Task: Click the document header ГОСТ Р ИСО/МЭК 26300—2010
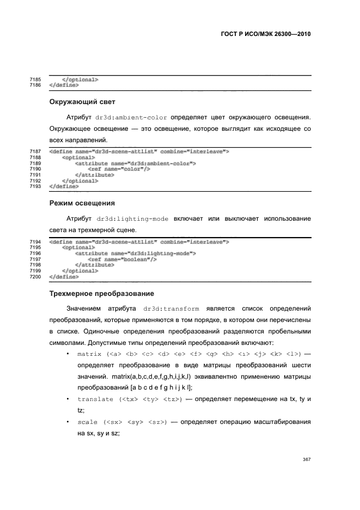point(262,34)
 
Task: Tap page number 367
point(307,459)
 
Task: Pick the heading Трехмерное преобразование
point(102,294)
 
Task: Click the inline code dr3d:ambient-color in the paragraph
point(131,117)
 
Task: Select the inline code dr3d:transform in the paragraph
point(167,309)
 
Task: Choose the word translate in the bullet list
point(95,400)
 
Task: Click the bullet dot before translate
point(66,399)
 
